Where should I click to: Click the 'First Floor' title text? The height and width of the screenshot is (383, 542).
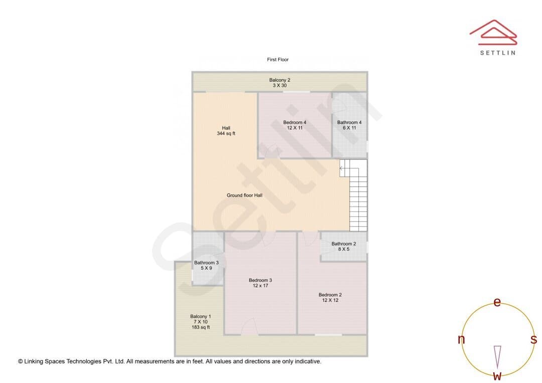278,59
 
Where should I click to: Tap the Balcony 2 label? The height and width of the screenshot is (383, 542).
280,83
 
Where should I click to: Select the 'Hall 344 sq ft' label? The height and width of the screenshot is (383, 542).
226,130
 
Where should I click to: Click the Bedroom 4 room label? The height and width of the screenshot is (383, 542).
295,125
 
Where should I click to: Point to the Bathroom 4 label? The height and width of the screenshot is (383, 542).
349,125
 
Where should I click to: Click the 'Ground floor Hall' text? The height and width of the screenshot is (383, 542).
244,195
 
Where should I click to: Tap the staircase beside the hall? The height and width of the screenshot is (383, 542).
354,195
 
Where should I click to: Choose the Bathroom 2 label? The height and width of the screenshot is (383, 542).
344,246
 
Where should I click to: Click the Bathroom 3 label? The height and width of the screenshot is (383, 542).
206,265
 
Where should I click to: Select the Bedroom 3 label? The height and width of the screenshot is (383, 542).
260,283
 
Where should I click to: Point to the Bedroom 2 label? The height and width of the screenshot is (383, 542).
330,297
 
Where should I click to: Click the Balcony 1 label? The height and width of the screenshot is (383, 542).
200,321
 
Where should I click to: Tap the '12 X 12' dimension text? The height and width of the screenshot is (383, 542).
330,300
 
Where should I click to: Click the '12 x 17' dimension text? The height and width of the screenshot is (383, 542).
260,286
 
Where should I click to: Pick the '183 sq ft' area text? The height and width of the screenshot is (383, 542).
200,327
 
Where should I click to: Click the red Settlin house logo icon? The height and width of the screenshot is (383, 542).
493,33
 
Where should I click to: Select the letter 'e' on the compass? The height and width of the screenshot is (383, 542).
497,302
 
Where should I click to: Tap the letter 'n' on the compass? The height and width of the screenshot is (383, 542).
461,339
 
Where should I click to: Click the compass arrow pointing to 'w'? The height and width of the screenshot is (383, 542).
497,357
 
